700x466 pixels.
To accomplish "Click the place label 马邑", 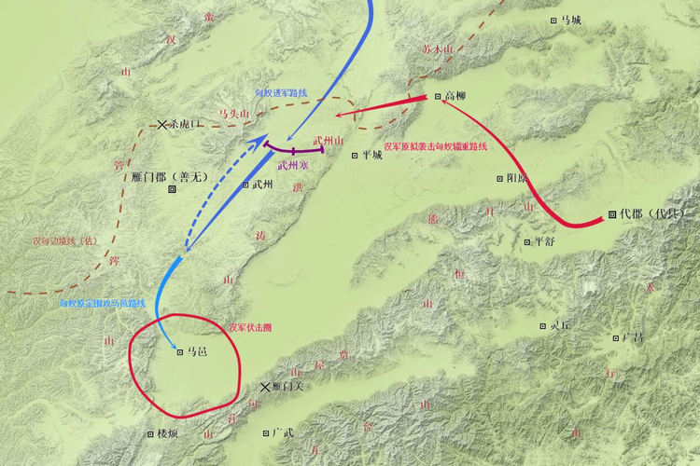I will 197,352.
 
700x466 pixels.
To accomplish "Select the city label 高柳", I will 455,96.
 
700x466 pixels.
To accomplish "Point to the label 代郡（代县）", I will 651,213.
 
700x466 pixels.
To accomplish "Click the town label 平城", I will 372,156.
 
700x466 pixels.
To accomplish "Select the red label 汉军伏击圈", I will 249,327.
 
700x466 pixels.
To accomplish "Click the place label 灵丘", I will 560,326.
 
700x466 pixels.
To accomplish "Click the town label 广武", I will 284,432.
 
